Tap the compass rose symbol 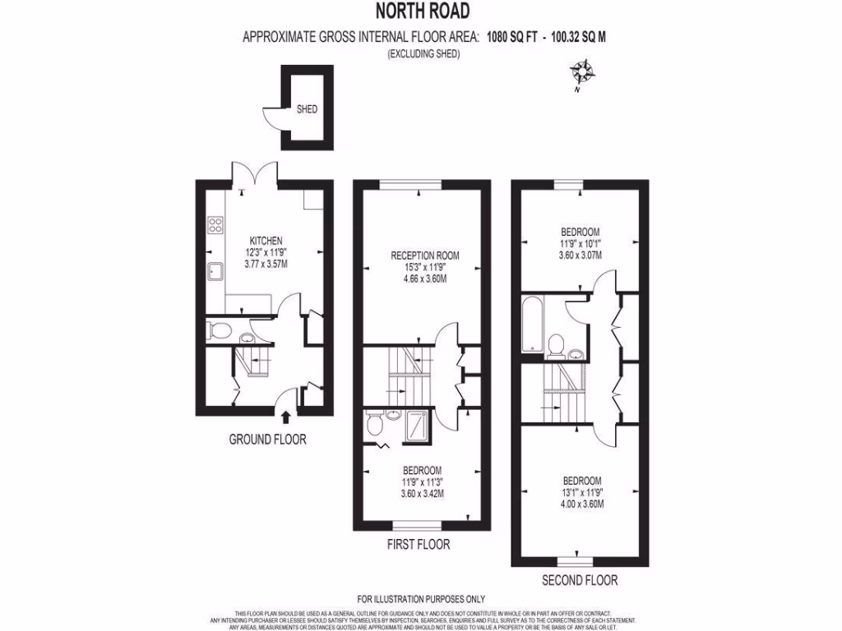click(x=585, y=72)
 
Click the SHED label click(x=307, y=108)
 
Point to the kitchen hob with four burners click(x=217, y=224)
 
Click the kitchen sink click(x=216, y=272)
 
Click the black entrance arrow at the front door click(x=285, y=418)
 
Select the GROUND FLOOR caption click(x=267, y=440)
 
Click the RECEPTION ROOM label click(x=424, y=256)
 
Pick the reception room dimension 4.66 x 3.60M click(x=424, y=279)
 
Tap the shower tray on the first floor click(x=416, y=425)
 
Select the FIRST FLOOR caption click(x=419, y=545)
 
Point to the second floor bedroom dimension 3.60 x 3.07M click(x=581, y=256)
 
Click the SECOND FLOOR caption click(x=580, y=581)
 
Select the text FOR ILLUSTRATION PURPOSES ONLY click(x=421, y=599)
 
